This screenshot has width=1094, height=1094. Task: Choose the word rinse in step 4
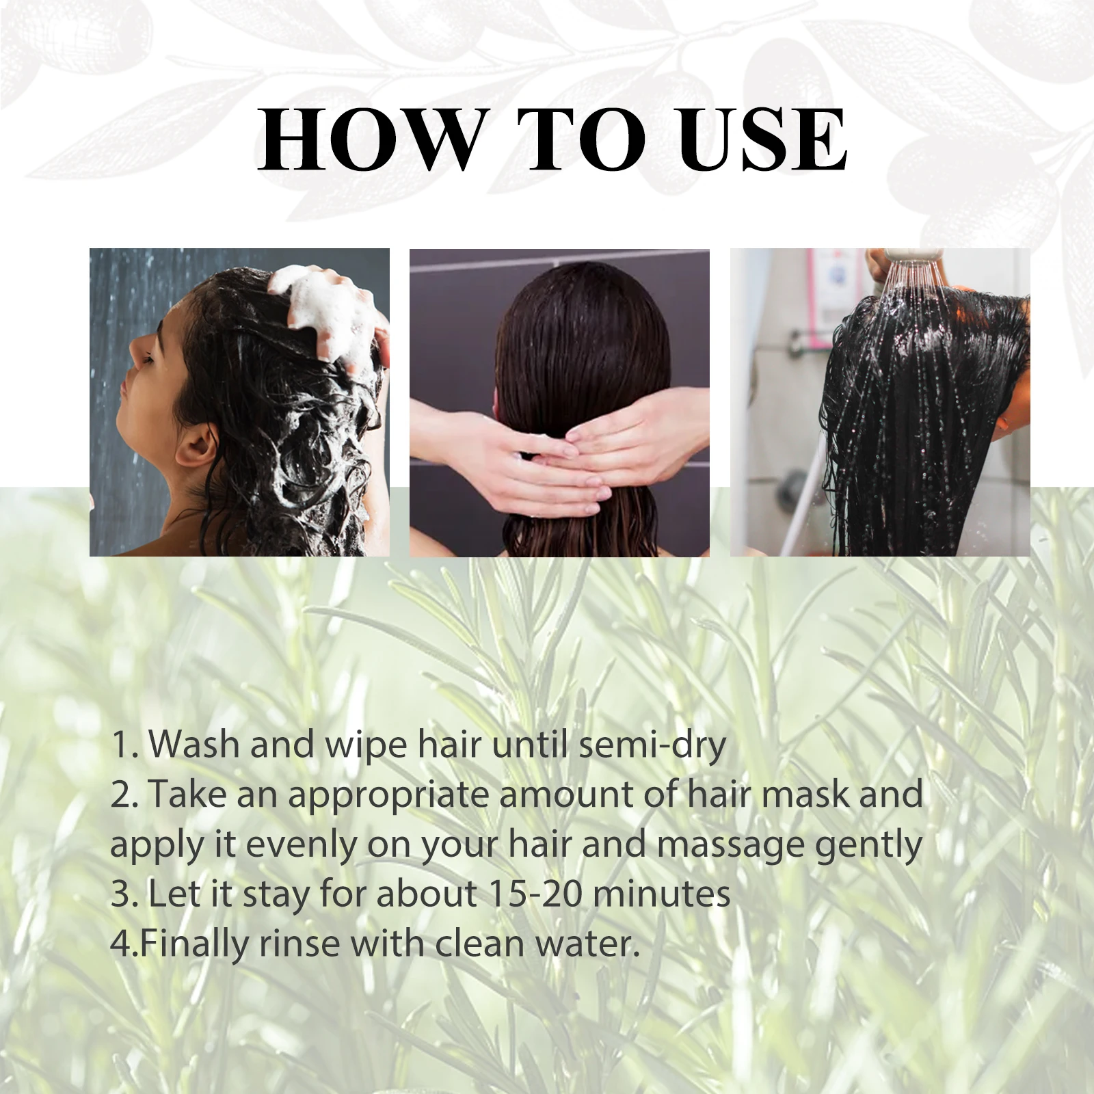[x=299, y=944]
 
